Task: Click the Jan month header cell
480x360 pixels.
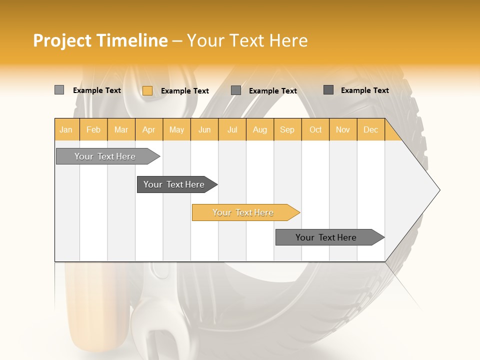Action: tap(66, 129)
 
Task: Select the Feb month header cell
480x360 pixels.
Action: tap(93, 129)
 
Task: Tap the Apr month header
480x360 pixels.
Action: tap(149, 129)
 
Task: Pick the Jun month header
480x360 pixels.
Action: tap(204, 129)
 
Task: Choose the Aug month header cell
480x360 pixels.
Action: tap(260, 129)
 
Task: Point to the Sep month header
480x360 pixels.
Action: tap(287, 129)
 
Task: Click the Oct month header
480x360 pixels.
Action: tap(315, 129)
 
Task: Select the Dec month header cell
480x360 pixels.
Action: tap(371, 129)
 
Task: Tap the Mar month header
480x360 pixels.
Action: tap(121, 129)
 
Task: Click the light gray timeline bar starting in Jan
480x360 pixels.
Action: tap(105, 156)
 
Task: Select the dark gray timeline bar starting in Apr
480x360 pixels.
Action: tap(174, 184)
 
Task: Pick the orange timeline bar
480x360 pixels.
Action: tap(243, 212)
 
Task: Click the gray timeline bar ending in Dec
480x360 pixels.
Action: tap(326, 237)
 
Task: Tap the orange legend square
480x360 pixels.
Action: tap(147, 90)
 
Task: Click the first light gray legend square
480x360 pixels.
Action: tap(59, 90)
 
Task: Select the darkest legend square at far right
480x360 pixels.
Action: tap(328, 90)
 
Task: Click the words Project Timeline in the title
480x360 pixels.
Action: tap(100, 40)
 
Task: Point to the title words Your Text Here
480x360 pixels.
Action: tap(247, 40)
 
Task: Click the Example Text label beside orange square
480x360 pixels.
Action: tap(184, 91)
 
